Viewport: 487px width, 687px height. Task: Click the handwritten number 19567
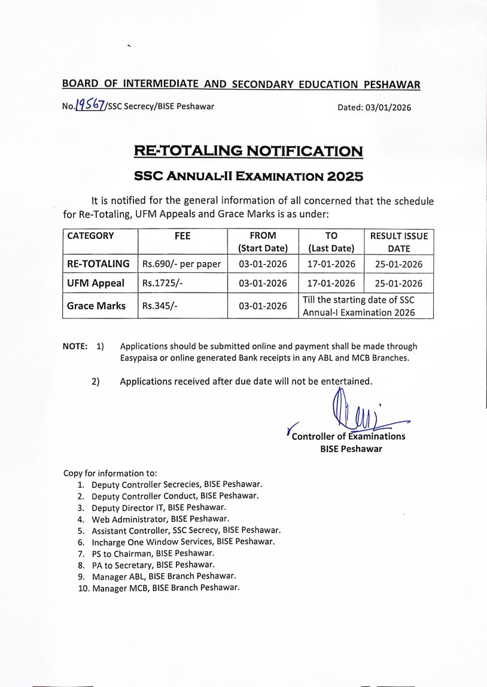click(90, 106)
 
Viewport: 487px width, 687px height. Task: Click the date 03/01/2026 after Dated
click(387, 108)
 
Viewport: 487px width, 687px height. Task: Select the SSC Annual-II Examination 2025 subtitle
click(248, 177)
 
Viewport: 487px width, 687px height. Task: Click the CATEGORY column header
click(90, 236)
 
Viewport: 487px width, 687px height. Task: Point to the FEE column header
click(182, 236)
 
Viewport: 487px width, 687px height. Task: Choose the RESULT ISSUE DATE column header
click(398, 242)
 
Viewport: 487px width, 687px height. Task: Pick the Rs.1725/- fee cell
click(161, 283)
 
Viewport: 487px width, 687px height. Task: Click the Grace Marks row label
click(96, 306)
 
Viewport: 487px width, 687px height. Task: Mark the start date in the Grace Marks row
click(263, 306)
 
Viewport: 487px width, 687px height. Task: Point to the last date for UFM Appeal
click(331, 283)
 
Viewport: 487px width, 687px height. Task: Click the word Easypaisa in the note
click(140, 358)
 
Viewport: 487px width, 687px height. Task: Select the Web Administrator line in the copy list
click(160, 519)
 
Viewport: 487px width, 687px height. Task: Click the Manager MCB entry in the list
click(166, 588)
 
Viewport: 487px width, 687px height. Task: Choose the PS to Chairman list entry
click(153, 554)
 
